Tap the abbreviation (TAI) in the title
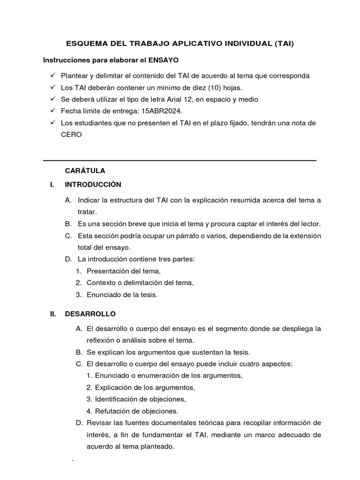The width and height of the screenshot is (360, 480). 283,44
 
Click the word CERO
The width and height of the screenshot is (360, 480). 71,135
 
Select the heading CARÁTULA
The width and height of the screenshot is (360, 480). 85,171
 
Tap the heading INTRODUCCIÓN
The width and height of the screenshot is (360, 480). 93,184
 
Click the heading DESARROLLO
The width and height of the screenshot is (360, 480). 90,314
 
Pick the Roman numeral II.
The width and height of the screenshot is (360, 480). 53,314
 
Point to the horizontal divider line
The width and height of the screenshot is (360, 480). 180,160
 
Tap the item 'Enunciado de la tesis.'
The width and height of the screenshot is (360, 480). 122,295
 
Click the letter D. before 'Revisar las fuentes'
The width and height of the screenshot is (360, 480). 79,423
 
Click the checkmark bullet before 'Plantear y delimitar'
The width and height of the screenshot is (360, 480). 52,75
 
